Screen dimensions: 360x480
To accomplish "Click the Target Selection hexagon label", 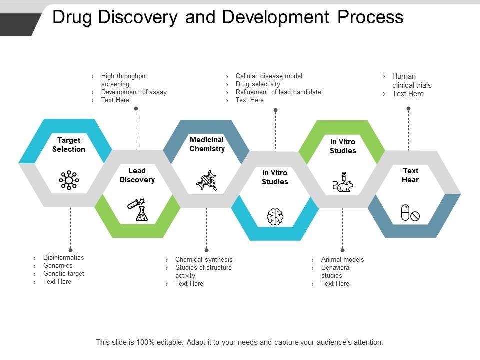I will pyautogui.click(x=69, y=145).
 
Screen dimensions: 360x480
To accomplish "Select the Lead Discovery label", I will pyautogui.click(x=137, y=175).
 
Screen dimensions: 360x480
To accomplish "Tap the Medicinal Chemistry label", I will pyautogui.click(x=207, y=144).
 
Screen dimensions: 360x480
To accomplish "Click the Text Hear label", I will pyautogui.click(x=410, y=175).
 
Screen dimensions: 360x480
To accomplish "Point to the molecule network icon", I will pyautogui.click(x=69, y=180).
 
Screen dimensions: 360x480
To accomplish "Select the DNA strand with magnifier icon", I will pyautogui.click(x=207, y=180).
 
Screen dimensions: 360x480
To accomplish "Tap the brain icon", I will pyautogui.click(x=275, y=217).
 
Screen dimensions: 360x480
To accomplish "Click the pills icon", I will pyautogui.click(x=410, y=213).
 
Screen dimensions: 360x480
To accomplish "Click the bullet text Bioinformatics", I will pyautogui.click(x=63, y=258).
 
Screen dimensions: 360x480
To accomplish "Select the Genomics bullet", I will pyautogui.click(x=58, y=266).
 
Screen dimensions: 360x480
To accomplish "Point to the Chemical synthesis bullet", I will pyautogui.click(x=204, y=260).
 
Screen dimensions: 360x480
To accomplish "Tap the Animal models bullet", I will pyautogui.click(x=342, y=260).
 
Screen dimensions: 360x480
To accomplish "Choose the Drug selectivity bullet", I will pyautogui.click(x=258, y=84).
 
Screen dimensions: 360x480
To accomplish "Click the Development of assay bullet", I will pyautogui.click(x=134, y=92).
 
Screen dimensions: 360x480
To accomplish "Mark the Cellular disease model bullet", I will pyautogui.click(x=269, y=76).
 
